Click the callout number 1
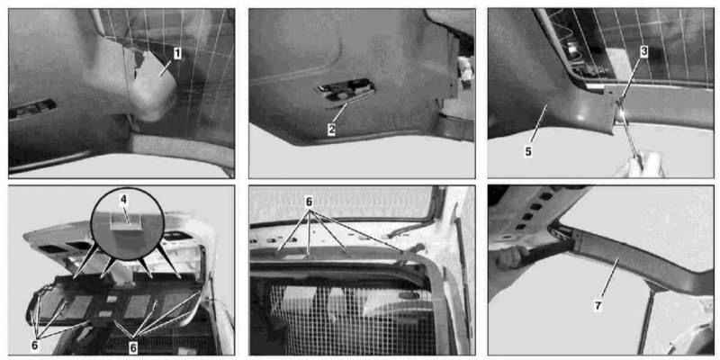[176, 54]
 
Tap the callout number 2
[332, 130]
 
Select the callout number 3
[643, 51]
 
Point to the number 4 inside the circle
[123, 200]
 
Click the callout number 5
[528, 152]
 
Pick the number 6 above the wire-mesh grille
[309, 202]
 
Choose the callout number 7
[598, 306]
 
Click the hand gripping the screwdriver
[642, 166]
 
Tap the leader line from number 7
[609, 280]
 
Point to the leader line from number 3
[633, 78]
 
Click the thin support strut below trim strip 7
[646, 317]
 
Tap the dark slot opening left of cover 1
[32, 109]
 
